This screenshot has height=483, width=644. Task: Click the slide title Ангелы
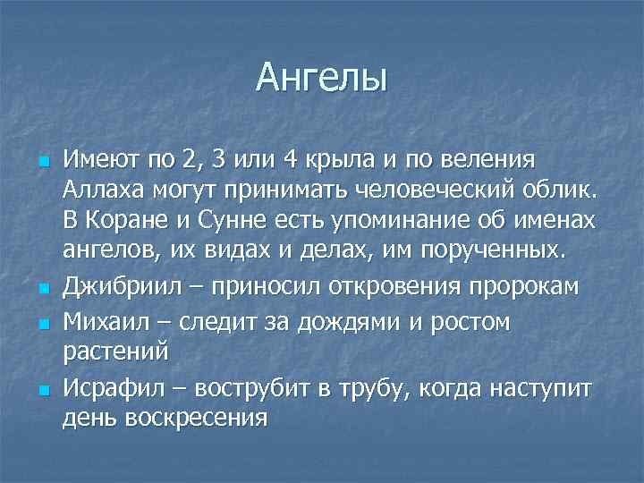(x=321, y=78)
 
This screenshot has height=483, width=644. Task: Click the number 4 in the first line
(x=289, y=160)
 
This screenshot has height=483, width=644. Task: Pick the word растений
(x=114, y=351)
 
